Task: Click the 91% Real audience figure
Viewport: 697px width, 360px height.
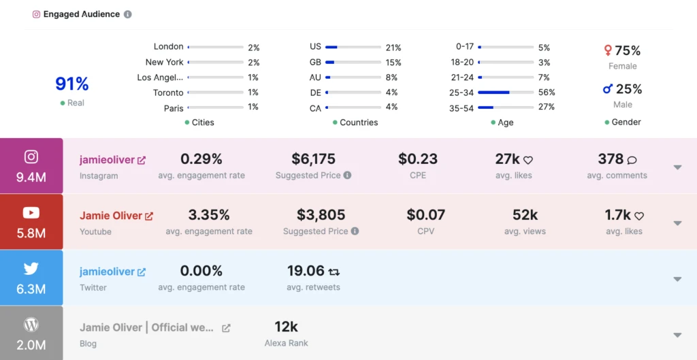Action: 72,84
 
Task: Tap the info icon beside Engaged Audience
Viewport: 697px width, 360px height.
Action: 128,14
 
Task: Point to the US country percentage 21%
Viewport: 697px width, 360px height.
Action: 393,48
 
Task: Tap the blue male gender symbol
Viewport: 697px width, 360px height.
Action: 608,89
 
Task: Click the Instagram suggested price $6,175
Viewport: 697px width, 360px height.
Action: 313,159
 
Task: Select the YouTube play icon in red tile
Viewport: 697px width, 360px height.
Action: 31,213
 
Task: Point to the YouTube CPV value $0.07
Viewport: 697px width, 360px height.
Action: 425,215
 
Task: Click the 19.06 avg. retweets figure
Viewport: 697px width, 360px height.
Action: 306,271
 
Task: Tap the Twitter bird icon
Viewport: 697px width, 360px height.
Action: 31,269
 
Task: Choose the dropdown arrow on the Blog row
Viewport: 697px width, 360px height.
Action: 677,335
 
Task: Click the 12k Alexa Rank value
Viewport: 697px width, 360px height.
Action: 286,327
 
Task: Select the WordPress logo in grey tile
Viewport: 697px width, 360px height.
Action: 31,325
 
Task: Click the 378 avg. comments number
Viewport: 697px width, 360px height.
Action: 611,159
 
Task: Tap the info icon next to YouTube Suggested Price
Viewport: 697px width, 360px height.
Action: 355,231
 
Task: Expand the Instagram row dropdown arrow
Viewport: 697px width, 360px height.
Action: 677,167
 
